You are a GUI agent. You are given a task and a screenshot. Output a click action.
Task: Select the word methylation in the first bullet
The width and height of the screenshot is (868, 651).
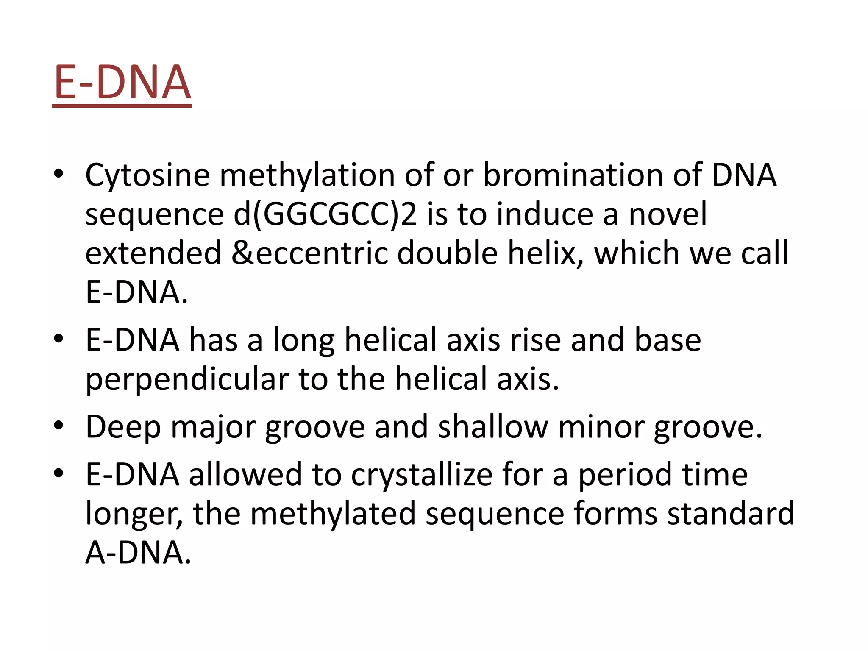pos(307,175)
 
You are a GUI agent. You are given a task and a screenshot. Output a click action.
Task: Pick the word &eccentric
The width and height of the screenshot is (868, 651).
pos(309,253)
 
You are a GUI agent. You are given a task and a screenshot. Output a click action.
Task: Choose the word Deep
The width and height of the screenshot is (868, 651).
pos(123,427)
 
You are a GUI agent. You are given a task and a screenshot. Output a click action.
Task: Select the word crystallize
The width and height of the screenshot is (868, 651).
pos(422,475)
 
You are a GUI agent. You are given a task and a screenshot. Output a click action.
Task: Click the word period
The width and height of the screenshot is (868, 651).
pos(625,475)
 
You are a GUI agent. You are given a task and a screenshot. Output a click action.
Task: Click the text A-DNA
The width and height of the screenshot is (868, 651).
pos(138,553)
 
